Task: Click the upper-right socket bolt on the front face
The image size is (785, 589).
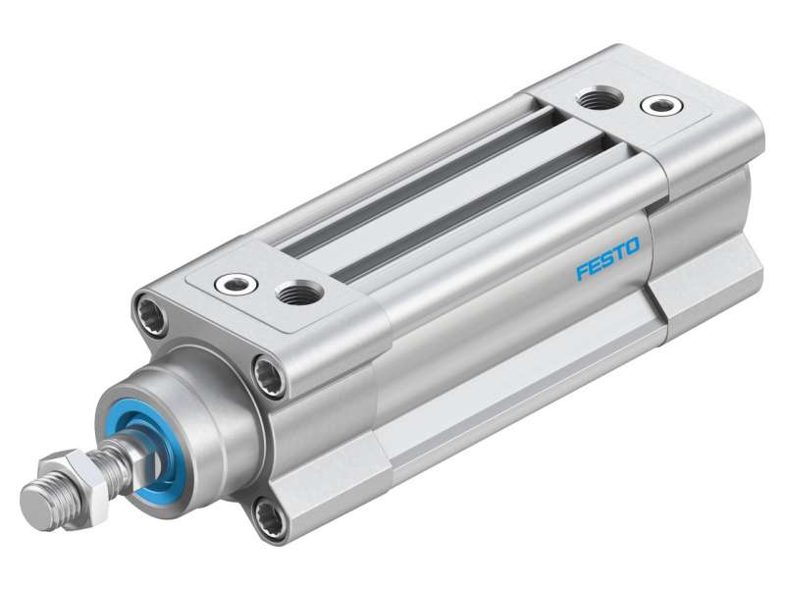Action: pyautogui.click(x=266, y=373)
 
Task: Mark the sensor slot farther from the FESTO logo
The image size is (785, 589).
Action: pyautogui.click(x=412, y=182)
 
